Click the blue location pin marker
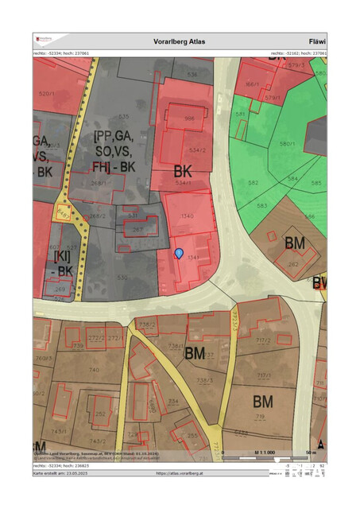click(x=179, y=253)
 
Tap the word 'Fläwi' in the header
click(x=316, y=41)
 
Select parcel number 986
click(x=189, y=119)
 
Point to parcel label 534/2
click(x=197, y=149)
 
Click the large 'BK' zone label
click(x=184, y=171)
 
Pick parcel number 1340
click(x=188, y=216)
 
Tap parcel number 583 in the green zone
click(x=261, y=206)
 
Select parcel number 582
click(x=253, y=183)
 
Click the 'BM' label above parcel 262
click(x=295, y=242)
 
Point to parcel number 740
click(x=94, y=371)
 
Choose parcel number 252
click(x=100, y=414)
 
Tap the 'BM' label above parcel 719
click(x=263, y=400)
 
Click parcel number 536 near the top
click(x=192, y=76)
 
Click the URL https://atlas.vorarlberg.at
click(x=180, y=473)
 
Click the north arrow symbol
click(x=321, y=444)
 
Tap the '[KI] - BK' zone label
click(x=63, y=262)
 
